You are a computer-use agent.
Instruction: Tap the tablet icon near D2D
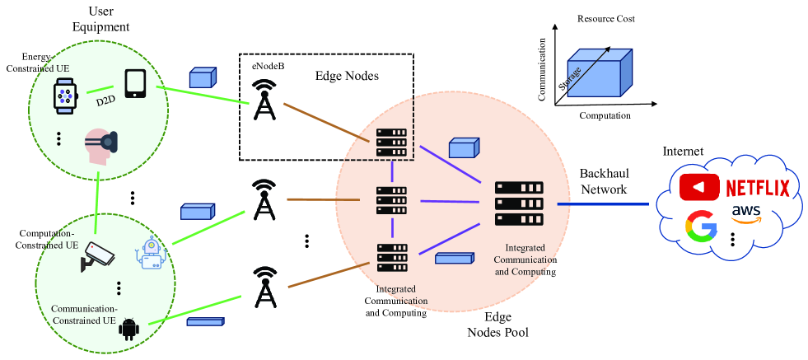[x=135, y=84]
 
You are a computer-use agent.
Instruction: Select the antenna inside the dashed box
[x=264, y=100]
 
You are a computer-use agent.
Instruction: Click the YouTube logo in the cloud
[x=698, y=188]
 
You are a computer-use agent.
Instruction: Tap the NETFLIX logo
[x=758, y=188]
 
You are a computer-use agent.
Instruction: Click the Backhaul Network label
[x=605, y=182]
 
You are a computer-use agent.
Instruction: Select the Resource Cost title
[x=606, y=18]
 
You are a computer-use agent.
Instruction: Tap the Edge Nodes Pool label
[x=497, y=325]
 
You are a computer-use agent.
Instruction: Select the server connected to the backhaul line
[x=519, y=203]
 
